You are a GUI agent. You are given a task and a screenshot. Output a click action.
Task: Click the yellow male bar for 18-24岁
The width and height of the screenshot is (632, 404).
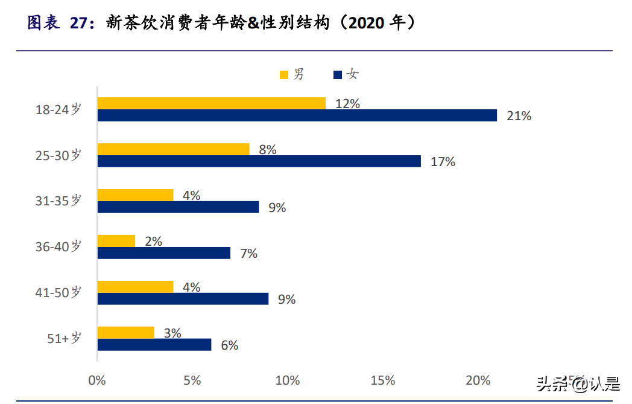pos(211,103)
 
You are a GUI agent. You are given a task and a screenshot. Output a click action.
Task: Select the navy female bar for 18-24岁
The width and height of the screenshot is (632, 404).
pos(297,115)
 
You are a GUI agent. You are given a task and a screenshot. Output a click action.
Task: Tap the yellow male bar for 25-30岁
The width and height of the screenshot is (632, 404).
pos(173,149)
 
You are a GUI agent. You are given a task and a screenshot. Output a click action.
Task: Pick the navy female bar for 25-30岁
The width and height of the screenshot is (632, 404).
pos(259,161)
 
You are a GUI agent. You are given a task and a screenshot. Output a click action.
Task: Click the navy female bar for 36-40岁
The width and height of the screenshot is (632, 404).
pos(163,253)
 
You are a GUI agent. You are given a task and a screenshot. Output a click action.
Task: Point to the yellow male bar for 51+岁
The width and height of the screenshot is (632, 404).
pos(125,333)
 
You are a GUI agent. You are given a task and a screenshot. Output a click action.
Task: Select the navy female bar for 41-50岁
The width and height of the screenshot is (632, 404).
pos(183,299)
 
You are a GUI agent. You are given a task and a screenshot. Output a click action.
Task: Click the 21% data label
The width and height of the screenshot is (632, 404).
pos(519,116)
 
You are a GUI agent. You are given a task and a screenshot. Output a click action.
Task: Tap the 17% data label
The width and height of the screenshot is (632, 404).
pos(443,162)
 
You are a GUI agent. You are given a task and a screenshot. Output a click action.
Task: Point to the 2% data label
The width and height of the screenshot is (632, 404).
pos(153,242)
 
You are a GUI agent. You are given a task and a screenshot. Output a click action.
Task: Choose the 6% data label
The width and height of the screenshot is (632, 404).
pos(229,345)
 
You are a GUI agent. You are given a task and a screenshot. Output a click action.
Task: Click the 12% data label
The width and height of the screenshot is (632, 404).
pos(347,104)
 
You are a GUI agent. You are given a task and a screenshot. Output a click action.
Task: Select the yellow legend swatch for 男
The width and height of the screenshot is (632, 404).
pos(284,75)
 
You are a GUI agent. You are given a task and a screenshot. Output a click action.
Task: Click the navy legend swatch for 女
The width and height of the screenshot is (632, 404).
pos(338,75)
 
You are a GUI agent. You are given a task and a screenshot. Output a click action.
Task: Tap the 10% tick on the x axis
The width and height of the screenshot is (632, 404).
pos(287,380)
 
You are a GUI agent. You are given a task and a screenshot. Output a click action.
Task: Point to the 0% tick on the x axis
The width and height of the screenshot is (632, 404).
pos(97,380)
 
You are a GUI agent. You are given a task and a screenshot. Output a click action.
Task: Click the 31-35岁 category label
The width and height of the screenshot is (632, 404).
pos(58,201)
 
